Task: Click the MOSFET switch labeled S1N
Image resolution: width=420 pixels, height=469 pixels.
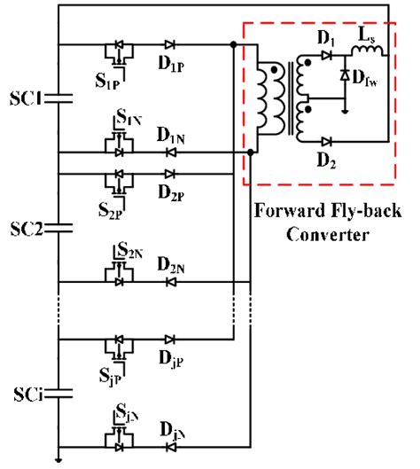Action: click(119, 143)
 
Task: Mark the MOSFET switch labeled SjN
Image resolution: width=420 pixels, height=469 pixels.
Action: click(119, 434)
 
